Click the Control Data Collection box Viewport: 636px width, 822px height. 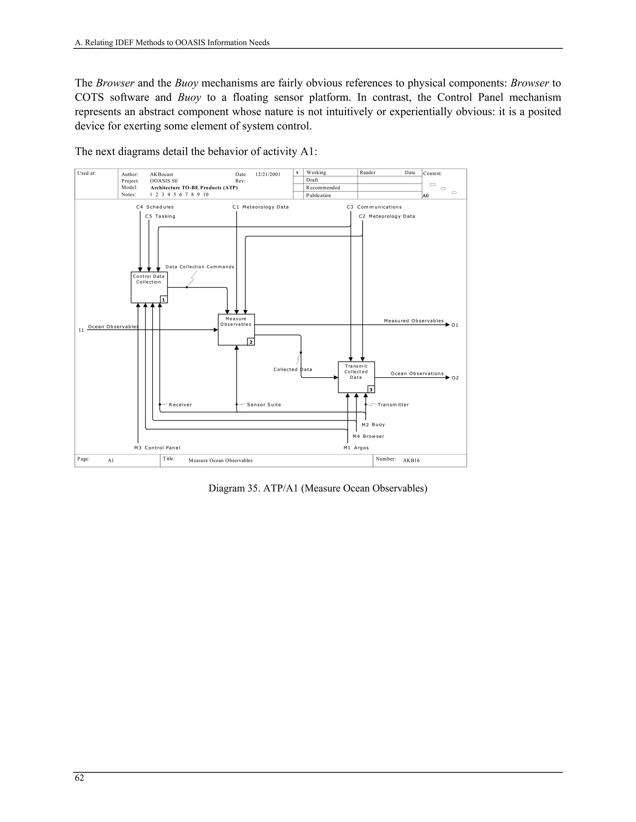149,287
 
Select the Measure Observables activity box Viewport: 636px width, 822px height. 236,329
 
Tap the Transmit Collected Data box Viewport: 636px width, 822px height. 356,377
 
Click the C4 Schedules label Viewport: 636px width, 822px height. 155,207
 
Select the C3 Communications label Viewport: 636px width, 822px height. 374,207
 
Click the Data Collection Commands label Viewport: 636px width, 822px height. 200,267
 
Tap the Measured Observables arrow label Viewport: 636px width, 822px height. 414,321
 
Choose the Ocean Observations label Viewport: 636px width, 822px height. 417,373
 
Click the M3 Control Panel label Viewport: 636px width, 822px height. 157,448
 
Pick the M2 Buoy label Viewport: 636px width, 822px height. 373,425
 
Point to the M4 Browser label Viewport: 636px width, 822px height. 368,436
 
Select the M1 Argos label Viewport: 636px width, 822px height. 356,448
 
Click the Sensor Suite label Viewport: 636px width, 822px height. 264,404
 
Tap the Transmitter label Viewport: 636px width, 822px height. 393,404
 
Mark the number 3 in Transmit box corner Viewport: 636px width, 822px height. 371,390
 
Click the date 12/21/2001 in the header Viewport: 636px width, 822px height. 268,174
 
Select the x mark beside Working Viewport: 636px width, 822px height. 297,172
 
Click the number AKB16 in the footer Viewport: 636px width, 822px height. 411,460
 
